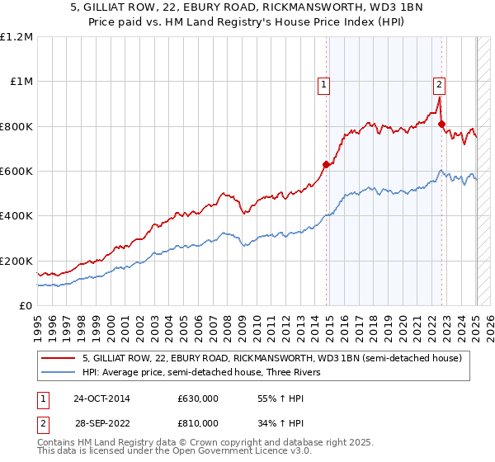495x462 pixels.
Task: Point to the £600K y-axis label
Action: (x=16, y=172)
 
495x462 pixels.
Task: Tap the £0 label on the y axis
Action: (x=26, y=306)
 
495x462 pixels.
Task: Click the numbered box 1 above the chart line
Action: (x=324, y=83)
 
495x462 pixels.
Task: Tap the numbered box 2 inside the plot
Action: (x=439, y=83)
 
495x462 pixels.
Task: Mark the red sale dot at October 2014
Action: (x=326, y=164)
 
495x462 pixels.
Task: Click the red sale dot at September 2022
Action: (x=441, y=125)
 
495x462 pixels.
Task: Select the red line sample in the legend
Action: (x=58, y=358)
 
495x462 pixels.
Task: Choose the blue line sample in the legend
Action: (x=58, y=372)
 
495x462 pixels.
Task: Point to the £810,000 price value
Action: (x=198, y=423)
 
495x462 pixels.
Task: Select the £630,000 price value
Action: (x=198, y=398)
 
